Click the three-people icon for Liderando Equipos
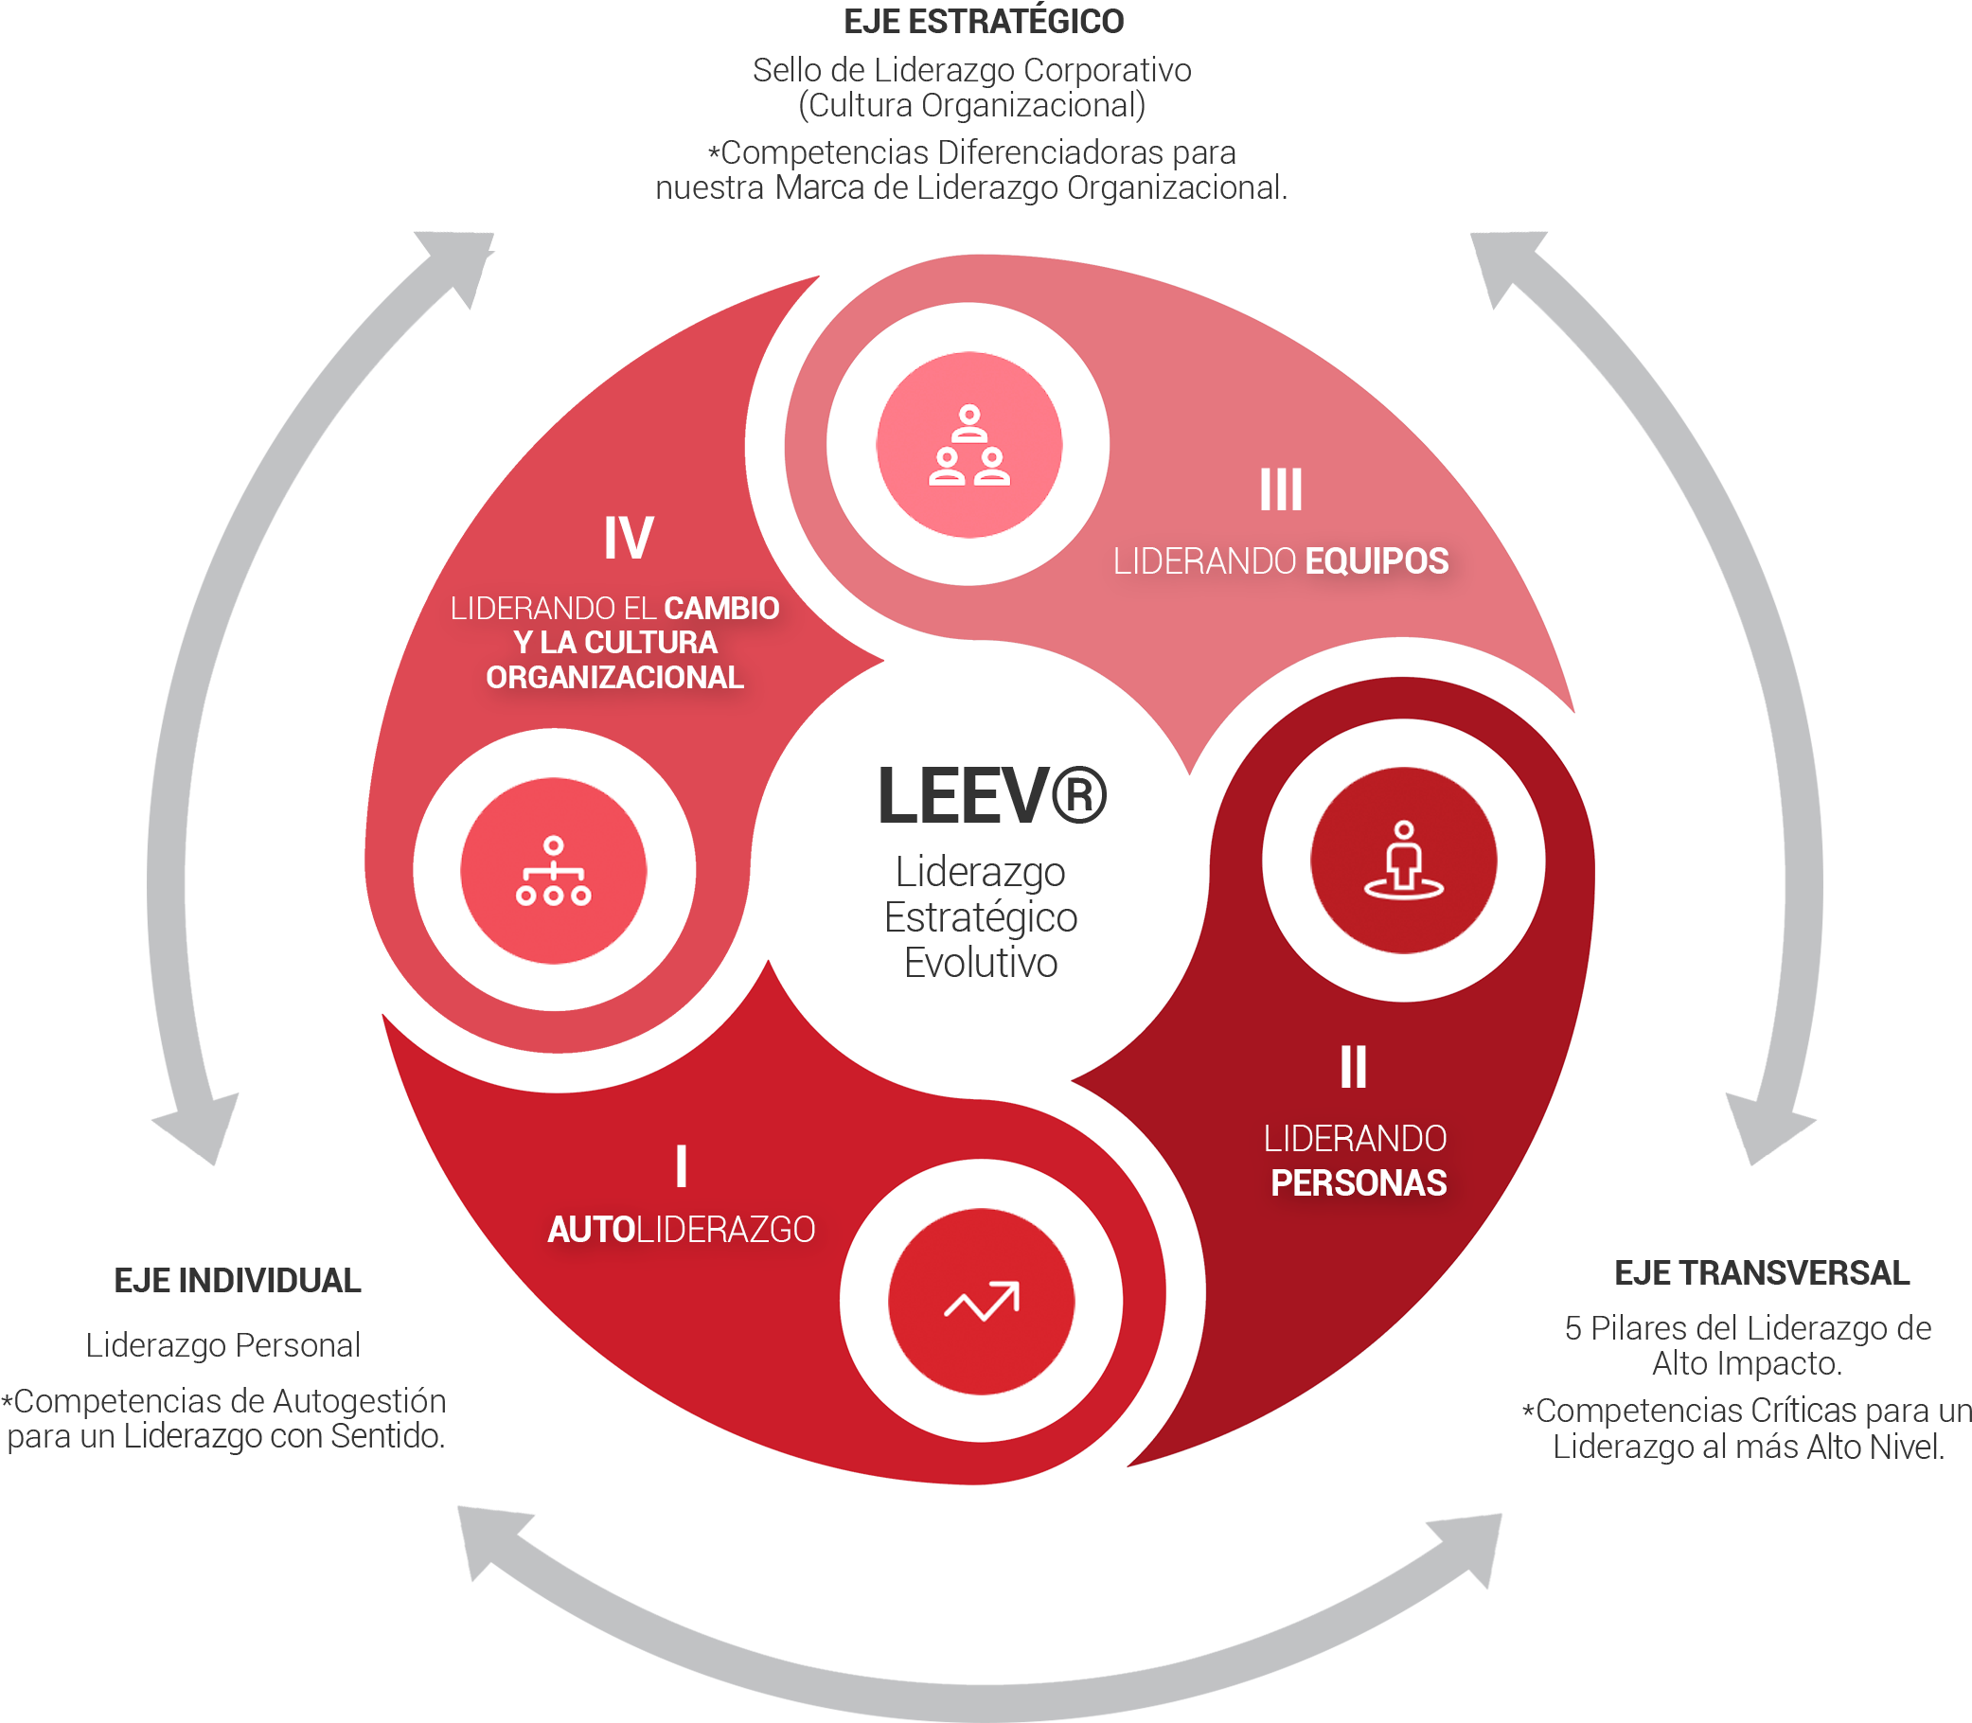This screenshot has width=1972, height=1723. point(968,445)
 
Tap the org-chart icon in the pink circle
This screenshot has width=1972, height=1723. point(553,871)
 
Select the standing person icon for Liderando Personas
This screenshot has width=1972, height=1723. point(1403,861)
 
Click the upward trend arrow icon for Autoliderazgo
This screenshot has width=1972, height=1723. point(981,1302)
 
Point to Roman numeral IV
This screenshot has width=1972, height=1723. point(628,538)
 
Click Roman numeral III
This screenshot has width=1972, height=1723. point(1281,490)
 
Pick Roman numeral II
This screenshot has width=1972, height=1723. point(1353,1067)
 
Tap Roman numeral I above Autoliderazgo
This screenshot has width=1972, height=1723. point(681,1166)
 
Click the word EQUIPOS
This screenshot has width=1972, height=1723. point(1376,561)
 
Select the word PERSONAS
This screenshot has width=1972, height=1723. point(1358,1183)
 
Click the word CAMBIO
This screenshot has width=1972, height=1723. point(721,609)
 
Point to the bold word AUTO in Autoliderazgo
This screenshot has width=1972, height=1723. point(592,1230)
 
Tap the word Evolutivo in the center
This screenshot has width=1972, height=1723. point(981,963)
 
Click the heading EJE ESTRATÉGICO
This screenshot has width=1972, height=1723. point(983,22)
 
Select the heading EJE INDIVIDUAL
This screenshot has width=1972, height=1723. point(238,1281)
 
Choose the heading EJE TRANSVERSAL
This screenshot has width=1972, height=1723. point(1762,1273)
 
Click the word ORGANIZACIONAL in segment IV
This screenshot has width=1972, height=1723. point(614,678)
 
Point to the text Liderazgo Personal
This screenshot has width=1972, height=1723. point(223,1345)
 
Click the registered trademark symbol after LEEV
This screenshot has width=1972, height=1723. point(1079,796)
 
